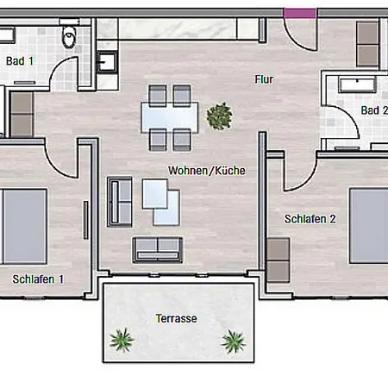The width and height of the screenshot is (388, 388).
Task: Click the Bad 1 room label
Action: (20, 61)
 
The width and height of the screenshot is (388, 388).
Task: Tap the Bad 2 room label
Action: (374, 110)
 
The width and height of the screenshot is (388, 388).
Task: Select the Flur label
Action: (264, 79)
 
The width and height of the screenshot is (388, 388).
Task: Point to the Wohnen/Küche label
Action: (207, 171)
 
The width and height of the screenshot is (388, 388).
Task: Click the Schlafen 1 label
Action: (38, 279)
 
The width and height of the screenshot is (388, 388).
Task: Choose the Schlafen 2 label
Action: (310, 219)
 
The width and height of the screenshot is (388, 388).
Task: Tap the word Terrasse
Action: (177, 318)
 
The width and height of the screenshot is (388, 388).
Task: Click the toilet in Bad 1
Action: (69, 36)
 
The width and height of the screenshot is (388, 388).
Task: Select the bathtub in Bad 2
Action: (357, 84)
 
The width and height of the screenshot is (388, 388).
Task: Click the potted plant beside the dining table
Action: (219, 116)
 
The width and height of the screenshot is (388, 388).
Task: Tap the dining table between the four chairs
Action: (170, 117)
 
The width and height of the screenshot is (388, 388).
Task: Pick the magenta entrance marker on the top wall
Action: (300, 13)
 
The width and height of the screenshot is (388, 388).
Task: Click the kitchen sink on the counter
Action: (107, 62)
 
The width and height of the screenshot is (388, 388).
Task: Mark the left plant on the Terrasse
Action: (122, 340)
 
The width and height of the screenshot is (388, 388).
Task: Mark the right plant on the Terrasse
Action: (233, 341)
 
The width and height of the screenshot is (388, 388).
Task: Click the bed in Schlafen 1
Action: (23, 227)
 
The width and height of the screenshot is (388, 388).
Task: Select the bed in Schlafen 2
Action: (369, 226)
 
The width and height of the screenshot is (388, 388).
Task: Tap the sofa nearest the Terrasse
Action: (157, 250)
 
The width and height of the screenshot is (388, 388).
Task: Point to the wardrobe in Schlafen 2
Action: (278, 260)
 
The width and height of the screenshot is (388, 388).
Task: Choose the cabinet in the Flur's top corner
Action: (367, 44)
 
